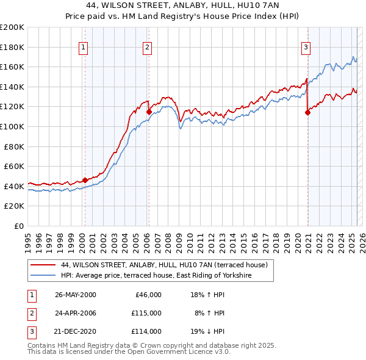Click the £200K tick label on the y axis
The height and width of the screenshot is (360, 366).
point(12,27)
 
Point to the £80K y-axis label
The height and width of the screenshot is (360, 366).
point(14,146)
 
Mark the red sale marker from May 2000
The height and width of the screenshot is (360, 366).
point(85,180)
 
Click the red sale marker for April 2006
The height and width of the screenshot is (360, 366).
point(149,111)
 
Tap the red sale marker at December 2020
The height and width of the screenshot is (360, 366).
point(307,112)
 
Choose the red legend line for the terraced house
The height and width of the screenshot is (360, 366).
point(43,265)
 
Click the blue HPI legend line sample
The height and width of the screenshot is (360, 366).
point(43,276)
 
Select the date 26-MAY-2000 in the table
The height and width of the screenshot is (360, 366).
point(76,295)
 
